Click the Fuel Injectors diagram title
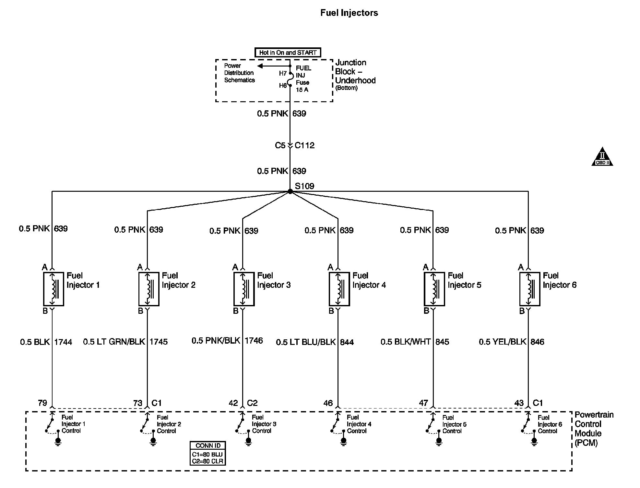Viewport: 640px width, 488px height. point(349,13)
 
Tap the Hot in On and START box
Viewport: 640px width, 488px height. point(288,53)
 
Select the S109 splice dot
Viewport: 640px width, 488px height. point(290,191)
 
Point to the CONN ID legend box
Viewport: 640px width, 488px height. point(208,453)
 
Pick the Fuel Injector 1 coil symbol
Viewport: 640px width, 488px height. point(53,289)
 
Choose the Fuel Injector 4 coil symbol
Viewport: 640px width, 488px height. point(339,289)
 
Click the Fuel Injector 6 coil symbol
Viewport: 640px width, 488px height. point(530,289)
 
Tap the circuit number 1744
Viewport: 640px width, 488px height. point(63,342)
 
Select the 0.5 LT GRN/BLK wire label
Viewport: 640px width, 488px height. point(114,342)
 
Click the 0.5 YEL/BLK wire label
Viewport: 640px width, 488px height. point(503,342)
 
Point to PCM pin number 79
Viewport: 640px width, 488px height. point(42,403)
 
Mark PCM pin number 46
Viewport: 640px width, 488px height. point(328,403)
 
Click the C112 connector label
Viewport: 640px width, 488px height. point(304,145)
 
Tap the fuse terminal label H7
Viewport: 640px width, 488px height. point(283,74)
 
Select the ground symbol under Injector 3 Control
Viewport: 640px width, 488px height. point(249,442)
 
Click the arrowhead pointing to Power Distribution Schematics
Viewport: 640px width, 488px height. point(260,66)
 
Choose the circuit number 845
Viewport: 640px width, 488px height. point(442,342)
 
